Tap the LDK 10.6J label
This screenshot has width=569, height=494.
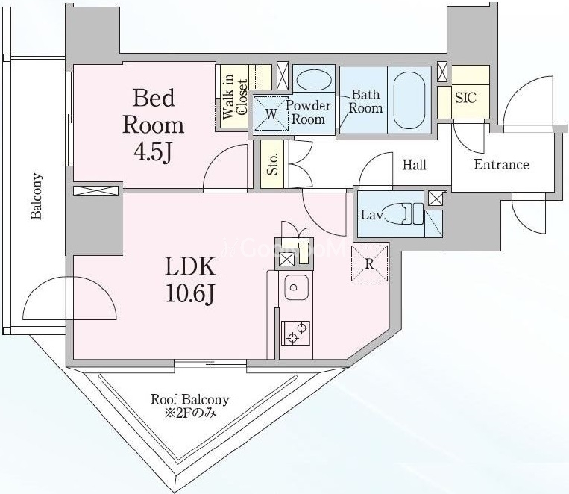(190, 279)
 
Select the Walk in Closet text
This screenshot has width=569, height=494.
(235, 96)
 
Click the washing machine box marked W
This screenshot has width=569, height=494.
(271, 113)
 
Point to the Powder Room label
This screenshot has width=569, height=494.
(308, 112)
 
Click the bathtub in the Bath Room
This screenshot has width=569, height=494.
(409, 100)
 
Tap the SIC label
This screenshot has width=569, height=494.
(465, 97)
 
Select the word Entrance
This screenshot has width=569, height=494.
(501, 165)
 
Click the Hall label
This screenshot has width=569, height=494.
(414, 165)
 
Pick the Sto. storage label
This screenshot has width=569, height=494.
(273, 164)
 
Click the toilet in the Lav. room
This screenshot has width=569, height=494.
(399, 213)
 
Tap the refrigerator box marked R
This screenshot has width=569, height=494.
(369, 263)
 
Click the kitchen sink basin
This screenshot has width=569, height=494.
(297, 287)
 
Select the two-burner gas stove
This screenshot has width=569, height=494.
(296, 333)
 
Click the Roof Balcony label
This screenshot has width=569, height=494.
(189, 399)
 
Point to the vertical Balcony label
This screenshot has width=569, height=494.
(37, 196)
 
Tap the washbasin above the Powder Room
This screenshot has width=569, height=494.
(314, 79)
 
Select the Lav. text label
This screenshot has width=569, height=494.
(372, 215)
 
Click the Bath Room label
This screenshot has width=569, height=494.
(365, 101)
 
